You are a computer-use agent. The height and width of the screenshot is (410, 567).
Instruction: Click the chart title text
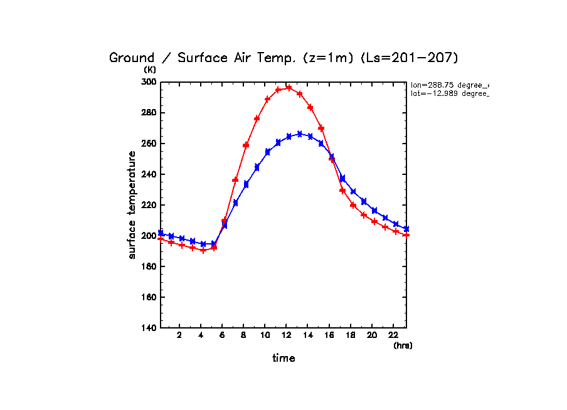coord(284,58)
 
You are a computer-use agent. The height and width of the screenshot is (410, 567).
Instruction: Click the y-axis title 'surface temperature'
coord(132,204)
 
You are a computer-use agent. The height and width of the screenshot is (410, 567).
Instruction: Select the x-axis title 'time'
coord(283,359)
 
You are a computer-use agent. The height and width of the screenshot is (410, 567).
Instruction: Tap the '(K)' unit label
coord(150,70)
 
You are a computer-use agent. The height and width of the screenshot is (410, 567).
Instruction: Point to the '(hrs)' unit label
coord(403,345)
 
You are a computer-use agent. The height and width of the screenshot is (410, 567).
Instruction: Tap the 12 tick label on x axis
coord(286,335)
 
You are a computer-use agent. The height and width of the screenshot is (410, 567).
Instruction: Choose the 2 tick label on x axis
coord(179,335)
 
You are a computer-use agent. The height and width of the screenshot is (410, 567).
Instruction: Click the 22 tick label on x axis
coord(393,335)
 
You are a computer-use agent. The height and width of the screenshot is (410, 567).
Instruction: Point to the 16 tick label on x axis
coord(329,335)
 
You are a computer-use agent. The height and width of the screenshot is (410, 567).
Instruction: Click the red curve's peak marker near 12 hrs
coord(289,88)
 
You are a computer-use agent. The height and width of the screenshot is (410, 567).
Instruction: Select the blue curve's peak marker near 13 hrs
coord(300,134)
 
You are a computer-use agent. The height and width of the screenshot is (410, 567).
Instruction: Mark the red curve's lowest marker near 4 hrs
coord(203,250)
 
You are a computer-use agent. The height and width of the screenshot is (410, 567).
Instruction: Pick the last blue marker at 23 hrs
coord(406,229)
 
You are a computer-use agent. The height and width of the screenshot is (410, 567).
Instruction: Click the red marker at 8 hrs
coord(246,145)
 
